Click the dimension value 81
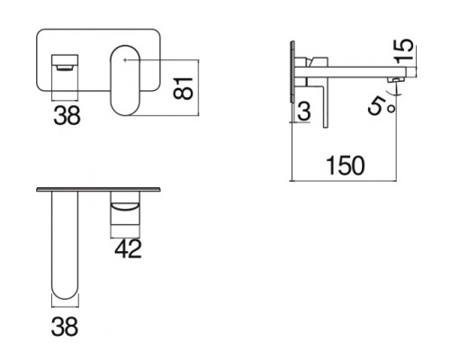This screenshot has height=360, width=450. tap(183, 88)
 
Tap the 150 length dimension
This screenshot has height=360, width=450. tap(346, 166)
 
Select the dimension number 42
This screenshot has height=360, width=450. tap(128, 248)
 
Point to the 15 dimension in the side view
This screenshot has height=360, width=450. tap(404, 50)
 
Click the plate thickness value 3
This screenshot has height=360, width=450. tap(304, 111)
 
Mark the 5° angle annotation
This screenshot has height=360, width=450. tap(382, 106)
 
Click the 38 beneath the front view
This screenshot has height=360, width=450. tap(67, 115)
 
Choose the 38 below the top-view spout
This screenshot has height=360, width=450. tap(65, 327)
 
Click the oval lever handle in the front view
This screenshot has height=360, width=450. tap(125, 80)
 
